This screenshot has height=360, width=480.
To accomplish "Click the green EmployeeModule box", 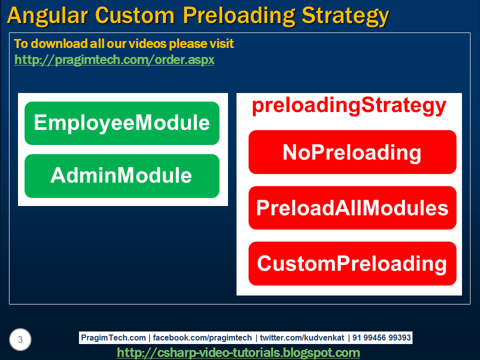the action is pos(122,123).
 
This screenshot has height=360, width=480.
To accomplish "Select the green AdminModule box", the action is pos(122,175).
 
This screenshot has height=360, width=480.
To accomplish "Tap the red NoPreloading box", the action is pos(352,152).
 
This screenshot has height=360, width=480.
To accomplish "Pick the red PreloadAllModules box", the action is pos(352,207).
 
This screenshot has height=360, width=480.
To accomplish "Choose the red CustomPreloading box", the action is pos(352,263).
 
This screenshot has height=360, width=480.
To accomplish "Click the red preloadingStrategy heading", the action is pos(349,106).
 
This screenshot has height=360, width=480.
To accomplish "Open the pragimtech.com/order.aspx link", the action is pos(114,59).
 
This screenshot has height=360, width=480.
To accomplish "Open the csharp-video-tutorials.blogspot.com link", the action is pos(238,352).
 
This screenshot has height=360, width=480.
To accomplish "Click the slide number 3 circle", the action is pos(20,339).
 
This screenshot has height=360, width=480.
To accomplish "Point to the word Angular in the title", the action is pos(47,15).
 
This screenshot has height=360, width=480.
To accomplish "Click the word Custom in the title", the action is pos(134,15).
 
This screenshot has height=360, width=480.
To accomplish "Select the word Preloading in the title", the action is pos(239,16).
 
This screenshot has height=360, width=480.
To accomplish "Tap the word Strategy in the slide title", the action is pos(345,16).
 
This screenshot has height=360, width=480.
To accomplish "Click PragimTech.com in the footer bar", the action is pos(113,337).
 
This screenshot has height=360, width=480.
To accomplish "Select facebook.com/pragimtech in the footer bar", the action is pos(202,337).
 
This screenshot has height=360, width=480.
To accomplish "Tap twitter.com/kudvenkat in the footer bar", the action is pos(302,337).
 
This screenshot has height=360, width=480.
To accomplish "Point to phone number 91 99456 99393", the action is pos(381,337).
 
